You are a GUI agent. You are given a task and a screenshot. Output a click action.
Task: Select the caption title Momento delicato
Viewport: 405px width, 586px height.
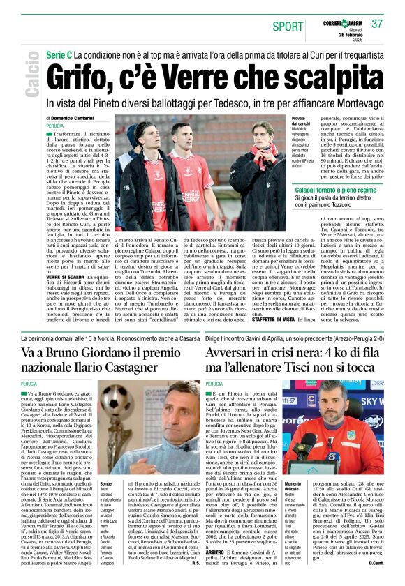pyautogui.click(x=293, y=487)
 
